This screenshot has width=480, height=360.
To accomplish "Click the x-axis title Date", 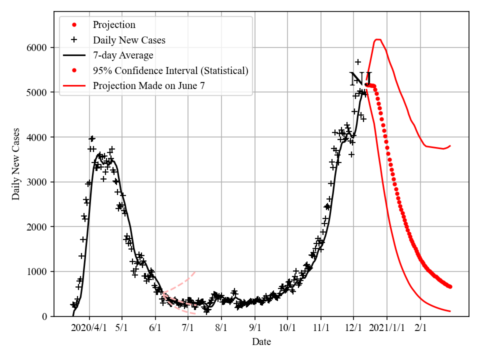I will point(261,342).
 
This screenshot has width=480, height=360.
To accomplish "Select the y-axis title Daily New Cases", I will point(16,164).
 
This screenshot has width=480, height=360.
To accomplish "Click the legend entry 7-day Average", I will point(122,55).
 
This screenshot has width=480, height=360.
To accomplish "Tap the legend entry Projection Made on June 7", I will point(148,86).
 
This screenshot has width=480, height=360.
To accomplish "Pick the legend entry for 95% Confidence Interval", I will point(170,70).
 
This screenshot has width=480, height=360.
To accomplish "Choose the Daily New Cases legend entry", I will point(128,40).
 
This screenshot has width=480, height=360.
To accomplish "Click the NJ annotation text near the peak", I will point(360,79).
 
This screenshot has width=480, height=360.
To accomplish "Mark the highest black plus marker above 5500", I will point(358,62).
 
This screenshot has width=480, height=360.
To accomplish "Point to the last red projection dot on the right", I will point(450,286).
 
